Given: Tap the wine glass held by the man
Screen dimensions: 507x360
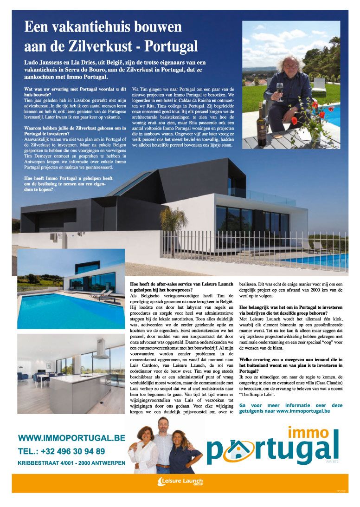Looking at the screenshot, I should click(280, 88).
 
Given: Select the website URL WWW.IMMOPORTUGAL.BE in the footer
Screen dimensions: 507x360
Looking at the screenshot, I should click(71, 438).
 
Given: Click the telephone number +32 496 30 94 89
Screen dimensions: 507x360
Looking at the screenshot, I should click(61, 451).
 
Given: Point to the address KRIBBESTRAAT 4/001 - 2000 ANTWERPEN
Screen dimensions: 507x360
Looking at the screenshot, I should click(71, 463).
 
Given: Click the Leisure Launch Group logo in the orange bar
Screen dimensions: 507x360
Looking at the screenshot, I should click(180, 481).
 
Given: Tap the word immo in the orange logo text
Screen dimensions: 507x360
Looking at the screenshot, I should click(308, 432).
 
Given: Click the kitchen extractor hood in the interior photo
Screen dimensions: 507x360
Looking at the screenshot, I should click(101, 349).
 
